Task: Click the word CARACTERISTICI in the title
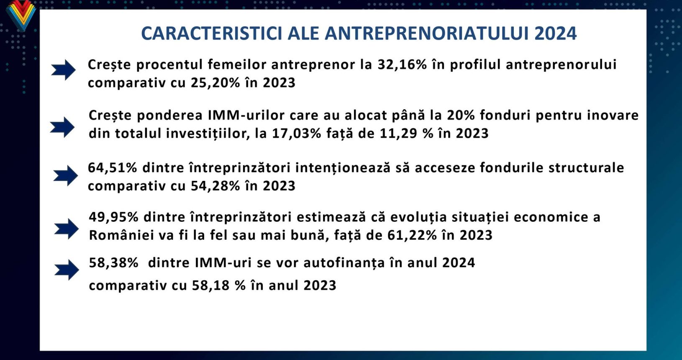(x=212, y=33)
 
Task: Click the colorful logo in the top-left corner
(x=21, y=15)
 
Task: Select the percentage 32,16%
(x=402, y=64)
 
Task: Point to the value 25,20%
(x=215, y=82)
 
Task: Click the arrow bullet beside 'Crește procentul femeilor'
(x=63, y=70)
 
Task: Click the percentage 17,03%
(x=296, y=134)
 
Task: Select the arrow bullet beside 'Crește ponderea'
(x=62, y=127)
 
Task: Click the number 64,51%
(x=113, y=168)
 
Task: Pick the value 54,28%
(x=215, y=186)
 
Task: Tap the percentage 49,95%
(x=113, y=217)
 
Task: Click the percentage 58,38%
(x=113, y=262)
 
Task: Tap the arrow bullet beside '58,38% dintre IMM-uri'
(x=67, y=270)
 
